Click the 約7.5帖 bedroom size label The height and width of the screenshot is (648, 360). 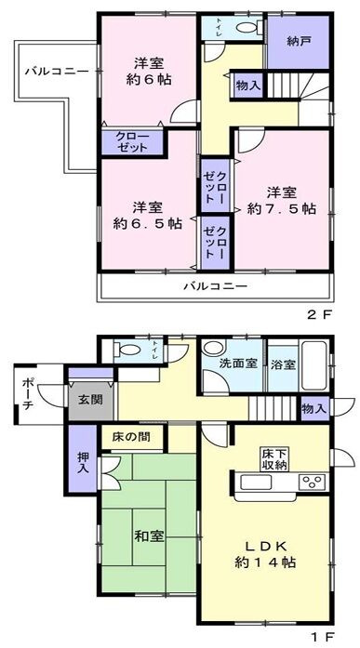click(283, 210)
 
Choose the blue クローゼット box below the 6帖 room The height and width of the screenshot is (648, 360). click(132, 143)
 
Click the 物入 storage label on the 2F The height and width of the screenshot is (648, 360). click(248, 86)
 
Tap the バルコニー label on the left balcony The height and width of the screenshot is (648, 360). click(57, 71)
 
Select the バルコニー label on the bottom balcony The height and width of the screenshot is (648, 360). click(214, 285)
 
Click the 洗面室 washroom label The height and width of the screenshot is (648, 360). click(238, 364)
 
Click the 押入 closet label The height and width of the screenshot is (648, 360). click(82, 462)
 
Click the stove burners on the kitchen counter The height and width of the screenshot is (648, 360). click(312, 481)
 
